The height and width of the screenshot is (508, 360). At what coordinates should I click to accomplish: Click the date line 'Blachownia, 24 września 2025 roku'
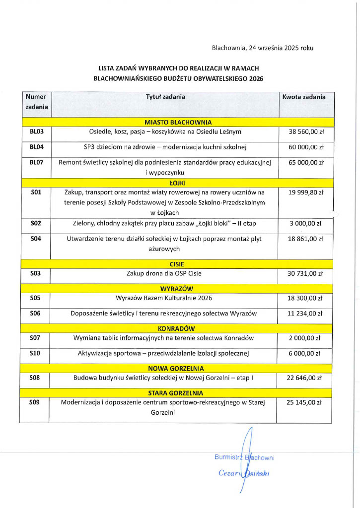[x=262, y=48]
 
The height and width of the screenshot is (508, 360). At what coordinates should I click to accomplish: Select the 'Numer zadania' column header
[x=36, y=102]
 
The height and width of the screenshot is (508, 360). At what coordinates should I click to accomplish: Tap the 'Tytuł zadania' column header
[x=165, y=97]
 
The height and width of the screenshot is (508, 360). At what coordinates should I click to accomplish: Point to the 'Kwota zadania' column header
[x=304, y=97]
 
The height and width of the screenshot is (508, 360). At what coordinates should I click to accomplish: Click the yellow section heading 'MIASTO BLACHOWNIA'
[x=178, y=122]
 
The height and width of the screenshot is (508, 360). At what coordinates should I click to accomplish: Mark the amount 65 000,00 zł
[x=306, y=162]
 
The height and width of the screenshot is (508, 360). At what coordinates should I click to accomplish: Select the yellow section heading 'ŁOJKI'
[x=178, y=183]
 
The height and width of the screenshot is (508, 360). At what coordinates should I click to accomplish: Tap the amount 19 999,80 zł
[x=306, y=192]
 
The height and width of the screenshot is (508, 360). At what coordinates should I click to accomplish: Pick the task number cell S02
[x=35, y=223]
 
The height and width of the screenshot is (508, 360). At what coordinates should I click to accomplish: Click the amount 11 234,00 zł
[x=306, y=314]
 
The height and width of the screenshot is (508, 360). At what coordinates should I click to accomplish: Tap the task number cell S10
[x=35, y=353]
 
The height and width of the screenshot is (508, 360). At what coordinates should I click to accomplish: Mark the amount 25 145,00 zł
[x=305, y=402]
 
